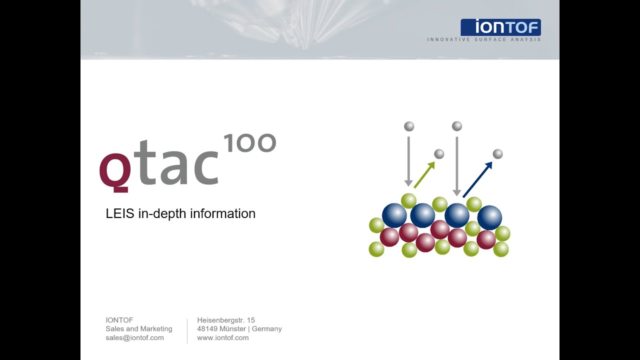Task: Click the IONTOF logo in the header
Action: click(x=500, y=27)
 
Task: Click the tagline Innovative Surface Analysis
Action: click(x=483, y=39)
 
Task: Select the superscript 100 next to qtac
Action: click(x=249, y=143)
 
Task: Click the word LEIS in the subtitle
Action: click(x=120, y=213)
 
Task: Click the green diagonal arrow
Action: click(x=424, y=174)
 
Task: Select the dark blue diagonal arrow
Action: click(x=477, y=179)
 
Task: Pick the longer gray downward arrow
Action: click(x=456, y=165)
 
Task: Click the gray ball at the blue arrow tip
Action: click(x=497, y=154)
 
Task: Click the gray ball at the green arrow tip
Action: click(x=439, y=154)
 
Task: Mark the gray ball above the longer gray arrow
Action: click(x=456, y=126)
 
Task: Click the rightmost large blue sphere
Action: click(x=489, y=217)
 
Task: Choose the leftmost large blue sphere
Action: click(x=394, y=215)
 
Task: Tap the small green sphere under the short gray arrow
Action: click(x=408, y=200)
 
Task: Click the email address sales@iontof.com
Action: click(x=134, y=337)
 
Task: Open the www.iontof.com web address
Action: click(x=223, y=337)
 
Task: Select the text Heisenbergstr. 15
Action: click(x=226, y=320)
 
